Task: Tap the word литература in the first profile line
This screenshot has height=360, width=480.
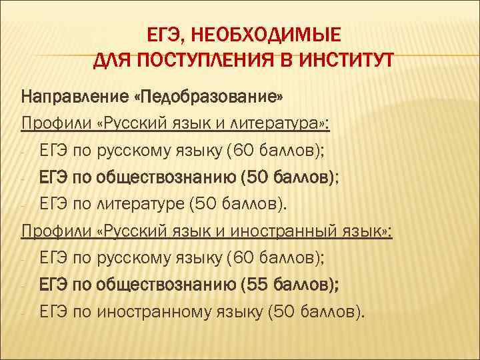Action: coord(285,124)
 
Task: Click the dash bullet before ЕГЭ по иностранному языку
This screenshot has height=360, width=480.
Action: coord(24,311)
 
